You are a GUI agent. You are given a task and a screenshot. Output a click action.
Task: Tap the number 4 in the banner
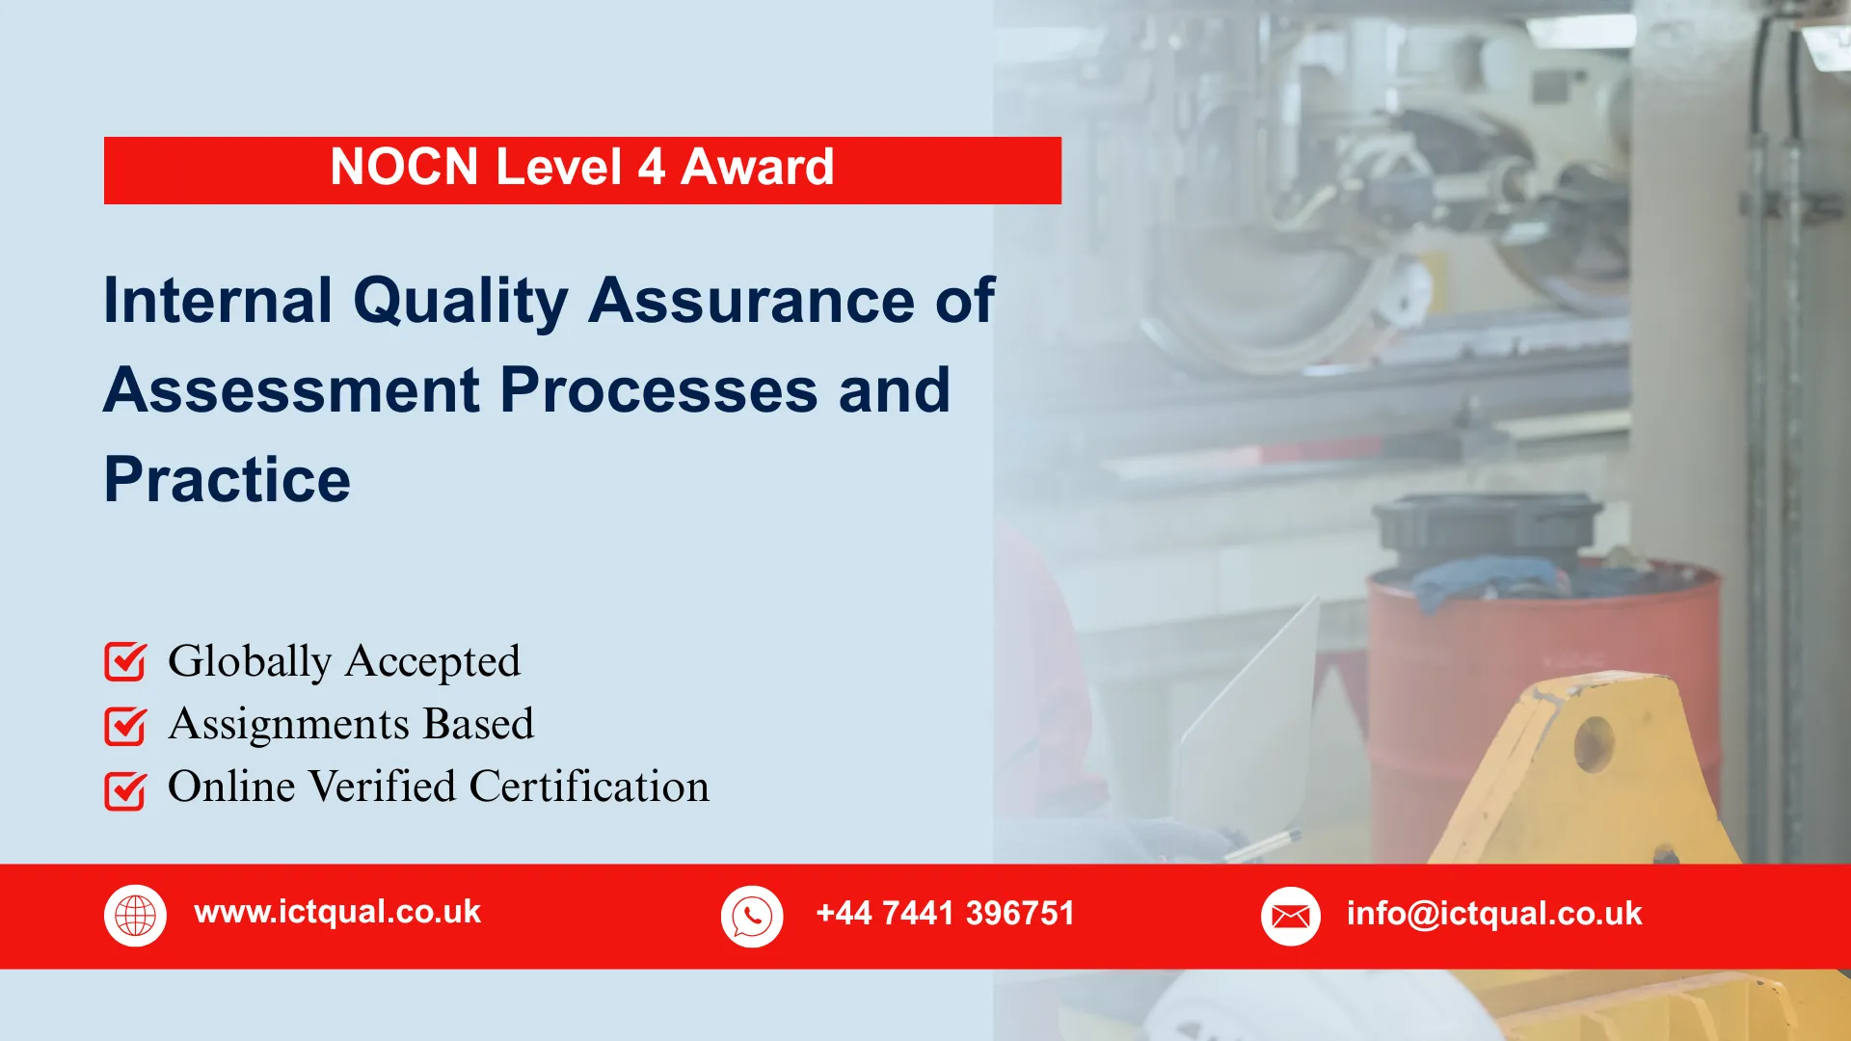coord(651,168)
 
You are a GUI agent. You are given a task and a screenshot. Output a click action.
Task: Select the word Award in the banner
coord(757,168)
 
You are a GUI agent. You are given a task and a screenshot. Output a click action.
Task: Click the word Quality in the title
coord(461,301)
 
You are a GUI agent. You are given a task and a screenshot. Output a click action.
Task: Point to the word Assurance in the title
coord(751,301)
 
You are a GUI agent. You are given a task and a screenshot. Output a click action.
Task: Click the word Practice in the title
coord(228,480)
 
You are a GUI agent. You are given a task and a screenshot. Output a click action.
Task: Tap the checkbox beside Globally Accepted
coord(125,662)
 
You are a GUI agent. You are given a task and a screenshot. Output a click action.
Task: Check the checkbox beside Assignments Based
coord(125,726)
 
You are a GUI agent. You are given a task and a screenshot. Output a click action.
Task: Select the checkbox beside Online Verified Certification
coord(125,790)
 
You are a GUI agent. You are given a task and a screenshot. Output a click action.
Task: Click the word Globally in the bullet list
coord(250,662)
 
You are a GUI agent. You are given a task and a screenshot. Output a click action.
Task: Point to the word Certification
coord(589,787)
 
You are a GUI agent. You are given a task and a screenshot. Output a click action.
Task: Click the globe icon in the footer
coord(135,915)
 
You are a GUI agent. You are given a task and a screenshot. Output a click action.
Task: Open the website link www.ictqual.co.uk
coord(337,912)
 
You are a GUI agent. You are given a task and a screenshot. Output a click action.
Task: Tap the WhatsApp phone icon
coord(752,916)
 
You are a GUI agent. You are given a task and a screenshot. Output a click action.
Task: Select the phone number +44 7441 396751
coord(945,913)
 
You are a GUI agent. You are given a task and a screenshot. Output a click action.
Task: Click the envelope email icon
coord(1290,916)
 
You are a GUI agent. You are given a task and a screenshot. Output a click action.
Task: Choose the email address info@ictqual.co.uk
coord(1493,913)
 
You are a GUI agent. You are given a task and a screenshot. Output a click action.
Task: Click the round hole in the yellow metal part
coord(1593,743)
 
